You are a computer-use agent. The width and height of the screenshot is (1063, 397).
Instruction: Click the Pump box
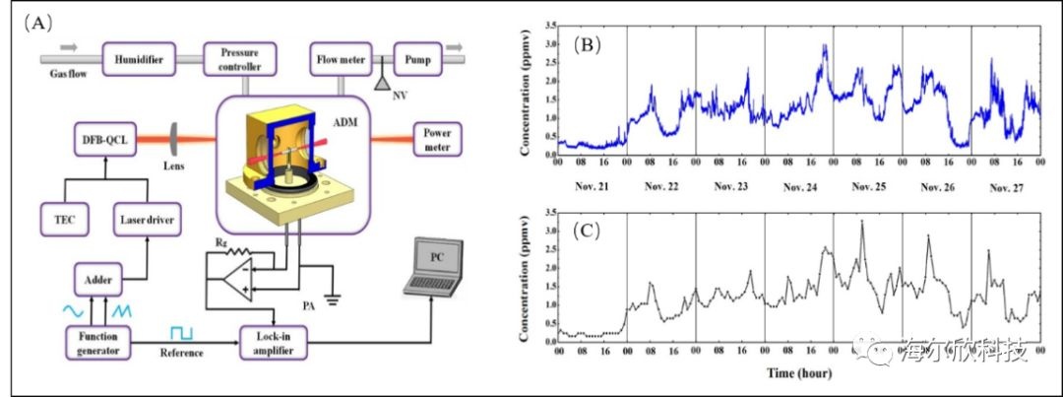[417, 59]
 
